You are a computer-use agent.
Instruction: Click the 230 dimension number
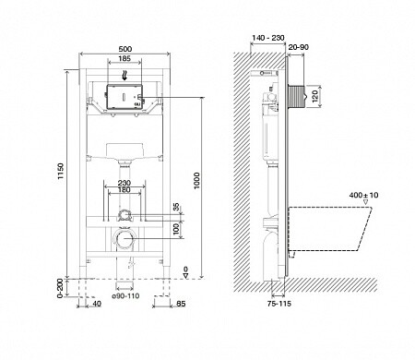(125, 183)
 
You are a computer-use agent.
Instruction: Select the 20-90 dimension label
(297, 46)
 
